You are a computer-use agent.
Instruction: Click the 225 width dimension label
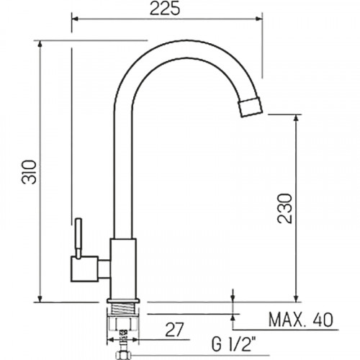pyautogui.click(x=165, y=9)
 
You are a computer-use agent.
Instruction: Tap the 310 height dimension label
pyautogui.click(x=30, y=172)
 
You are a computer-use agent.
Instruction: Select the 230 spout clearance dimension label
pyautogui.click(x=285, y=208)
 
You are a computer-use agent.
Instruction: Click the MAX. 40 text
pyautogui.click(x=301, y=320)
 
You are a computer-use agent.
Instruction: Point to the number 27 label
pyautogui.click(x=174, y=329)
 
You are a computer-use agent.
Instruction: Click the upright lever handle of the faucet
pyautogui.click(x=78, y=238)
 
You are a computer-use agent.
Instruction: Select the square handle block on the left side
pyautogui.click(x=84, y=269)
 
